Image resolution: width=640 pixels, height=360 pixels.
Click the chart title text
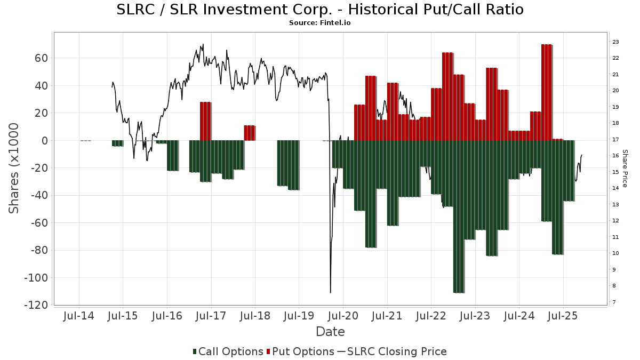pyautogui.click(x=319, y=10)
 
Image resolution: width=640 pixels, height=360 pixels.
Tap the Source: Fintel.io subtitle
pyautogui.click(x=319, y=23)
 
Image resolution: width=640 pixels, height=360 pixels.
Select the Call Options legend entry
pyautogui.click(x=228, y=351)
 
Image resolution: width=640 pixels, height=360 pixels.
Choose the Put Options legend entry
pyautogui.click(x=302, y=351)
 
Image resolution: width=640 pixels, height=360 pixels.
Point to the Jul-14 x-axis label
pyautogui.click(x=78, y=316)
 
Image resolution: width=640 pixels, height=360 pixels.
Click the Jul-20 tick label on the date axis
pyautogui.click(x=343, y=316)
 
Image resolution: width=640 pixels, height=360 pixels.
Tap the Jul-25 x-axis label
pyautogui.click(x=563, y=316)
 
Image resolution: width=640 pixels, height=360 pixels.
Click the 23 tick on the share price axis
pyautogui.click(x=615, y=42)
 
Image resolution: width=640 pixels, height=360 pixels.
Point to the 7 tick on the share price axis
pyautogui.click(x=614, y=302)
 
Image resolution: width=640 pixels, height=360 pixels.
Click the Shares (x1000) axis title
pyautogui.click(x=14, y=168)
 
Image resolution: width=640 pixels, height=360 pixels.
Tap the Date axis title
pyautogui.click(x=330, y=332)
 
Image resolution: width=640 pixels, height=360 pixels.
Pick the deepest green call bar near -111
pyautogui.click(x=458, y=217)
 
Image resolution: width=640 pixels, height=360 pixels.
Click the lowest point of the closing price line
pyautogui.click(x=331, y=292)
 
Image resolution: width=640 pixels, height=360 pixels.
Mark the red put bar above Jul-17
pyautogui.click(x=205, y=121)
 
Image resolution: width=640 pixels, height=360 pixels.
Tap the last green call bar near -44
pyautogui.click(x=569, y=171)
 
